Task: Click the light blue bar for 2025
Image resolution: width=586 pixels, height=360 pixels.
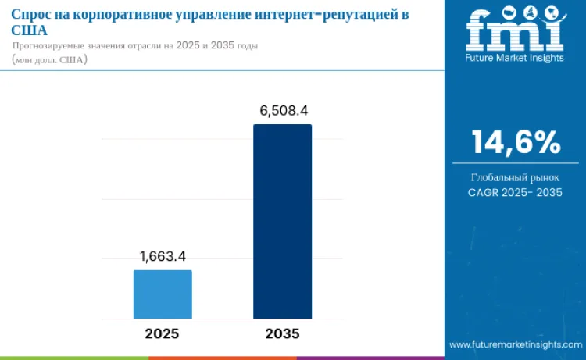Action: (163, 294)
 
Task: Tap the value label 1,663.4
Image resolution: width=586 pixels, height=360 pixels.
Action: (163, 256)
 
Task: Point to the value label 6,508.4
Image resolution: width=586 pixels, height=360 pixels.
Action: (283, 110)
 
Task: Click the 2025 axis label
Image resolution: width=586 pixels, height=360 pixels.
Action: (162, 333)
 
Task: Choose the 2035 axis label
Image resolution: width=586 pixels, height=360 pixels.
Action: (282, 333)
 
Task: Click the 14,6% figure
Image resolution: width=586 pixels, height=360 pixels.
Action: (515, 142)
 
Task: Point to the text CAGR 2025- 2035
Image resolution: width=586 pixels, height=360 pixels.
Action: (515, 192)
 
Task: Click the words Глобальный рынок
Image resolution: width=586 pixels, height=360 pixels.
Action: (515, 177)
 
